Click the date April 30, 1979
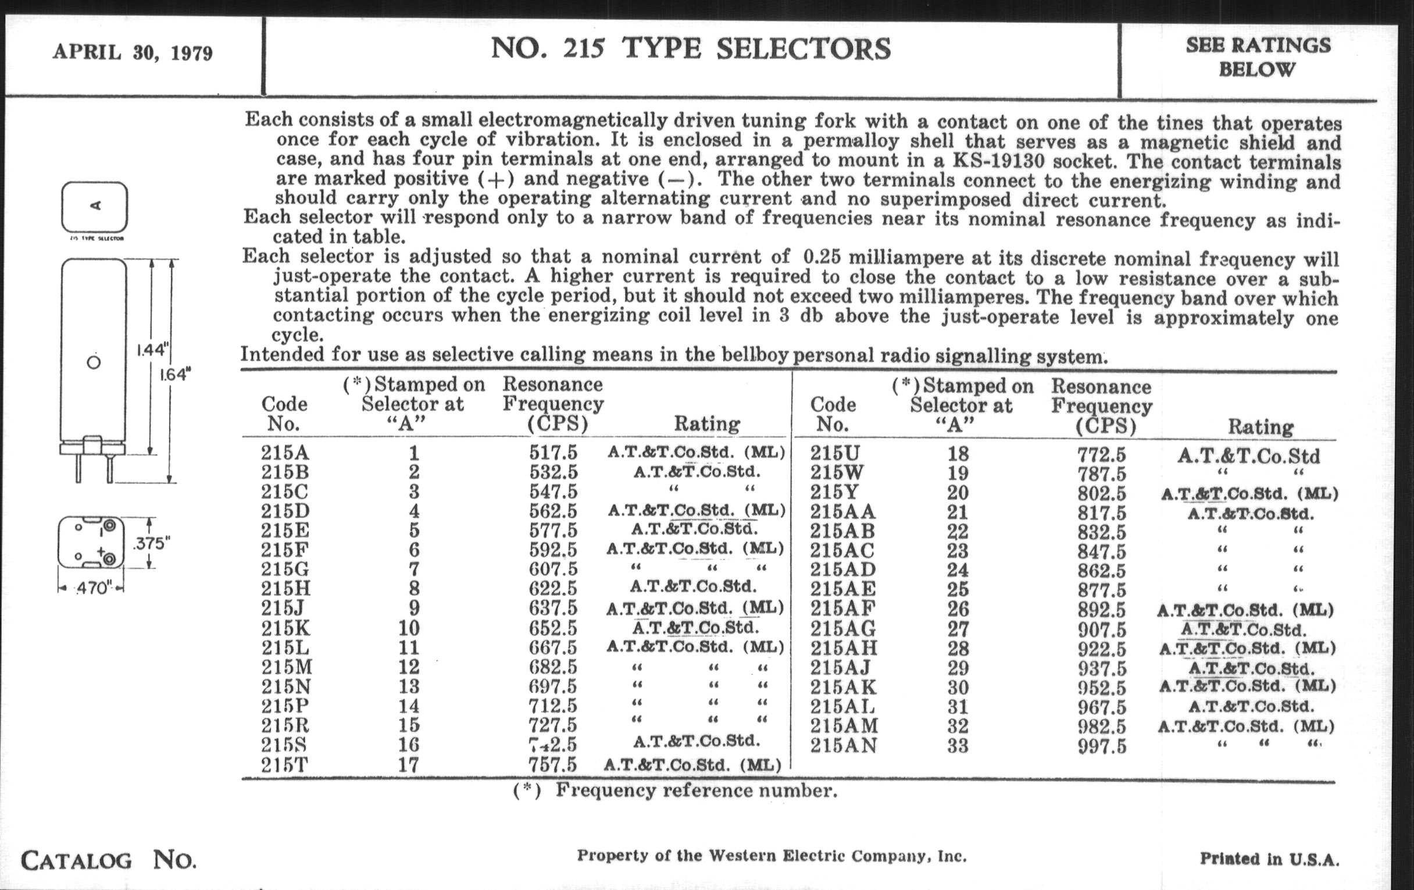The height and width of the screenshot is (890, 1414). [x=132, y=53]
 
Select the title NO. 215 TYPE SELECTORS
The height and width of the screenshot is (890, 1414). [x=691, y=48]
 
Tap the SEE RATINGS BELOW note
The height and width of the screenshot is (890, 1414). [x=1258, y=57]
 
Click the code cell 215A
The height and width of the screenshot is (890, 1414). [x=285, y=453]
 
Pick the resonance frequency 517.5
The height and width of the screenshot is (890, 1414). [x=553, y=453]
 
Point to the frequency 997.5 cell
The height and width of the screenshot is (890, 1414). [x=1102, y=747]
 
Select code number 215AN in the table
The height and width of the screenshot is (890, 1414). [x=844, y=746]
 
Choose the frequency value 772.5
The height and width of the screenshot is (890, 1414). [x=1102, y=455]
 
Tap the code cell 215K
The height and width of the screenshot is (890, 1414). [x=285, y=628]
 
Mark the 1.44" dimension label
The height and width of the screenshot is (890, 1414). [x=152, y=350]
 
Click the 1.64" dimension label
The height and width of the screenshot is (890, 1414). [x=176, y=374]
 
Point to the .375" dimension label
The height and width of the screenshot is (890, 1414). [x=152, y=543]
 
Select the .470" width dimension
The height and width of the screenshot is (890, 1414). [x=92, y=588]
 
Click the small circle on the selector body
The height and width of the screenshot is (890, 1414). [x=94, y=362]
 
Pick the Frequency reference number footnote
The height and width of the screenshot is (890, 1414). [x=675, y=791]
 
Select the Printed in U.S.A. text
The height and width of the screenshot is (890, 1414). [x=1269, y=859]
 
